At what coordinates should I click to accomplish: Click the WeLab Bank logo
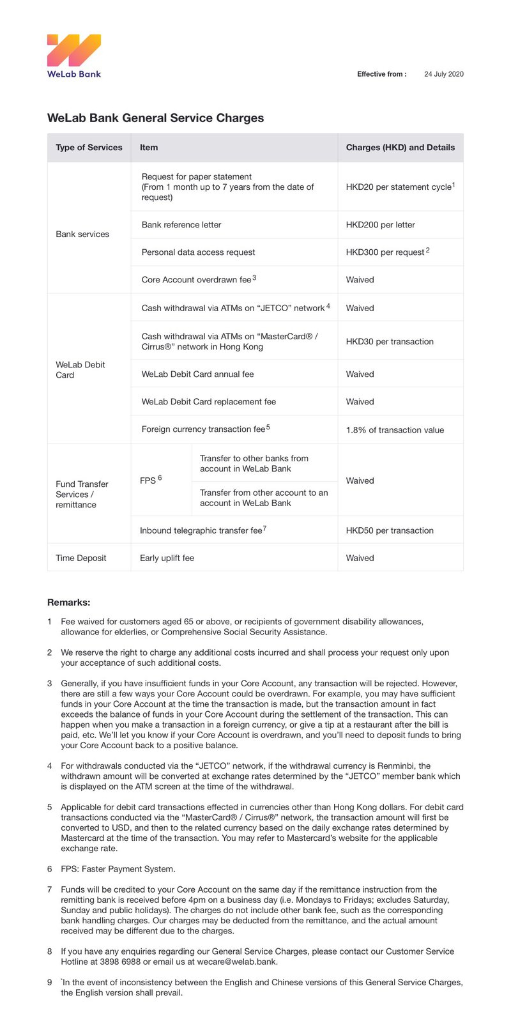click(x=74, y=56)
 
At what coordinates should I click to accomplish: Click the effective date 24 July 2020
click(x=444, y=74)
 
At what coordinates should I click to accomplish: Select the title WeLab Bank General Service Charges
click(x=155, y=118)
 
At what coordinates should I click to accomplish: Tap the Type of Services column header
click(x=89, y=148)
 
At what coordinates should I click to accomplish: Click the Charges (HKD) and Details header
click(x=400, y=148)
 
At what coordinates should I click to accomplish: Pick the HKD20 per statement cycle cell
click(x=399, y=187)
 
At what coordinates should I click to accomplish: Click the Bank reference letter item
click(x=181, y=225)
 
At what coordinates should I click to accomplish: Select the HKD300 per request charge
click(x=386, y=252)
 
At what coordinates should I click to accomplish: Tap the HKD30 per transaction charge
click(x=390, y=341)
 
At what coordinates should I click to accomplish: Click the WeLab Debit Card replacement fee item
click(x=209, y=402)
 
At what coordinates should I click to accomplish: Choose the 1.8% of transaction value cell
click(x=395, y=430)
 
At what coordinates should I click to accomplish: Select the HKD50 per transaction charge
click(x=390, y=530)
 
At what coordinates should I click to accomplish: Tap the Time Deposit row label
click(x=81, y=558)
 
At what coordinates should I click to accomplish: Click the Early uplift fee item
click(x=167, y=558)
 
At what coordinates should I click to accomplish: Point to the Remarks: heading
click(x=69, y=603)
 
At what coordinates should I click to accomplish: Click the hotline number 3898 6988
click(x=122, y=962)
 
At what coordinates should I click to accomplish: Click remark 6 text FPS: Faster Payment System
click(x=118, y=869)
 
